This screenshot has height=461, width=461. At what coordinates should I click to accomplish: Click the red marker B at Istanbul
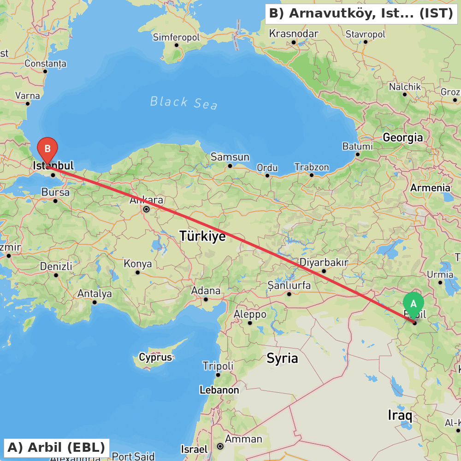pyautogui.click(x=47, y=149)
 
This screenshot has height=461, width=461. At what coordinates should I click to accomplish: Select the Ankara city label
pyautogui.click(x=146, y=201)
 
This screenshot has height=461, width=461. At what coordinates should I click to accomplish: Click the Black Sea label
pyautogui.click(x=183, y=102)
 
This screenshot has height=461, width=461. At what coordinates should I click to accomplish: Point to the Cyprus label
pyautogui.click(x=155, y=357)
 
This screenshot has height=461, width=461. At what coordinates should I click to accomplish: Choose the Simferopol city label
pyautogui.click(x=176, y=37)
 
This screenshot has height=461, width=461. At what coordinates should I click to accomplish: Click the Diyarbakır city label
pyautogui.click(x=324, y=262)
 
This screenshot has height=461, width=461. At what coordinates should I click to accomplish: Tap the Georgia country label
pyautogui.click(x=402, y=137)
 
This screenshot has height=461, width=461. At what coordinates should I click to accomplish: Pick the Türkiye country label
pyautogui.click(x=202, y=236)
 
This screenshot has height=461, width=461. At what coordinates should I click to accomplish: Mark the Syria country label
pyautogui.click(x=282, y=358)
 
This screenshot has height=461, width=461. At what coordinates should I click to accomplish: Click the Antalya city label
pyautogui.click(x=95, y=294)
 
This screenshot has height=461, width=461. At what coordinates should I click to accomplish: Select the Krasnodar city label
pyautogui.click(x=294, y=34)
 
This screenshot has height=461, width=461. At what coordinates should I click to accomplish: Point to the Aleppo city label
pyautogui.click(x=250, y=314)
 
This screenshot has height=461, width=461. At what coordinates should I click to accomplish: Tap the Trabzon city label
pyautogui.click(x=312, y=167)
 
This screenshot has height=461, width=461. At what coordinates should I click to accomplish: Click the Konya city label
pyautogui.click(x=137, y=264)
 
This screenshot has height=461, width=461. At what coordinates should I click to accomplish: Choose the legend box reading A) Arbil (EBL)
pyautogui.click(x=56, y=447)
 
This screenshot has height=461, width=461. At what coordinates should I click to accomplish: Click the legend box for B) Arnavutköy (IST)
pyautogui.click(x=361, y=13)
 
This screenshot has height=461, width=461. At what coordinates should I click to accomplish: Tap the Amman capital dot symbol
pyautogui.click(x=220, y=446)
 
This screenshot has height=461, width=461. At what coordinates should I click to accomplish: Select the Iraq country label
pyautogui.click(x=400, y=415)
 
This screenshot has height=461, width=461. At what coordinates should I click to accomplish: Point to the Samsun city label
pyautogui.click(x=230, y=157)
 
